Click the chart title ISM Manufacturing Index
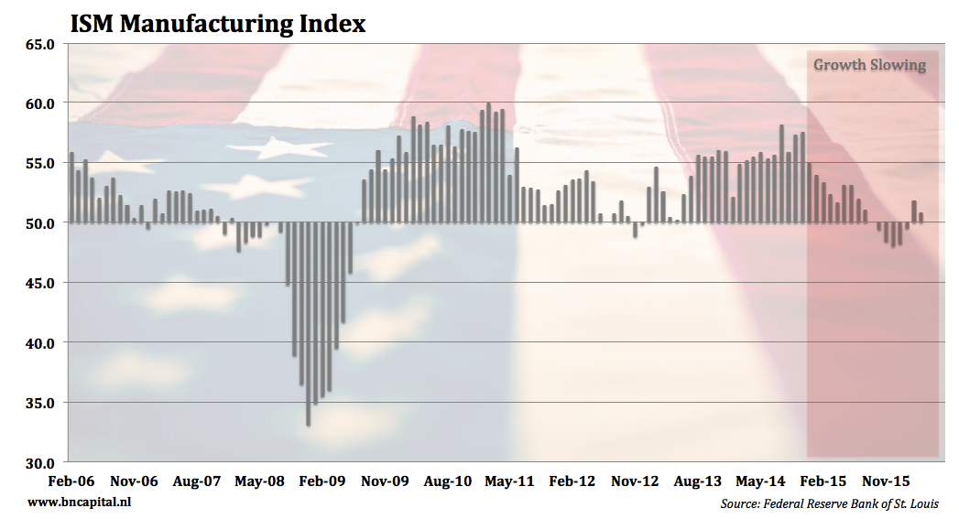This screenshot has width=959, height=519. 218,24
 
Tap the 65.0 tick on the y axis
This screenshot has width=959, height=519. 39,45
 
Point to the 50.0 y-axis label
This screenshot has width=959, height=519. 39,223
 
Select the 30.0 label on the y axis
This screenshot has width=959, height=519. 39,463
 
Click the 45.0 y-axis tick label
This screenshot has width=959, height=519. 39,284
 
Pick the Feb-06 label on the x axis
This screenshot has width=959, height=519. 71,481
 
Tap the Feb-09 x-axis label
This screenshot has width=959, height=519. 322,481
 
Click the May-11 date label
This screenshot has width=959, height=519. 509,481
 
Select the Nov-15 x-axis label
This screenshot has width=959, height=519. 886,481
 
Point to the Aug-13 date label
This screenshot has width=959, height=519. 698,481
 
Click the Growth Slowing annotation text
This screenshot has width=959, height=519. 870,65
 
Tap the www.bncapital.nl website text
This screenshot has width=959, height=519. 80,503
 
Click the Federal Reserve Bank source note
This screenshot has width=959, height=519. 829,503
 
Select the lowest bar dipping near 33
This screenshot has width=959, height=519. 309,325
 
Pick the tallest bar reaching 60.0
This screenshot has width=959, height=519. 489,163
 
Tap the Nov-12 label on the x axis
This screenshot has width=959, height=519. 635,481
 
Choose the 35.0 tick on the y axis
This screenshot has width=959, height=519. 39,404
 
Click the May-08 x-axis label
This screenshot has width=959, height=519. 259,481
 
